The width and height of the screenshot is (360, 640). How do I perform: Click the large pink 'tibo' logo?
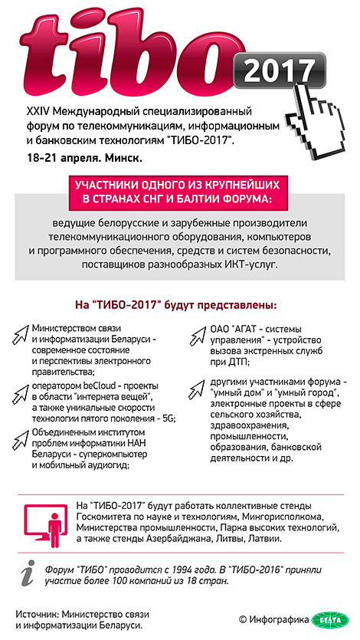138,54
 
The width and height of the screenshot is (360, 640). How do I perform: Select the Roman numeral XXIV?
38,112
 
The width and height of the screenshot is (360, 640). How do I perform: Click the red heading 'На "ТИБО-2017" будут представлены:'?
177,304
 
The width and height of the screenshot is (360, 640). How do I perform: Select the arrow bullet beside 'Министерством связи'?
21,332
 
